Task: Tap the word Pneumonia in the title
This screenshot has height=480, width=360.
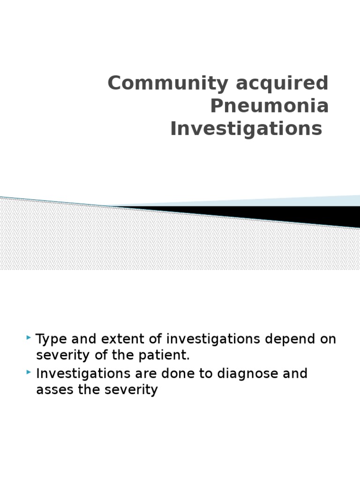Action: coord(269,106)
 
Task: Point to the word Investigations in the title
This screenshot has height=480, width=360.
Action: coord(246,129)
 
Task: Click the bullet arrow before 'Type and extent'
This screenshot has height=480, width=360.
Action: coord(30,337)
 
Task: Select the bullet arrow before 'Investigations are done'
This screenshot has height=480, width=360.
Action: coord(30,372)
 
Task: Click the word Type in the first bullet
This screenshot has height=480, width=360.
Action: coord(50,339)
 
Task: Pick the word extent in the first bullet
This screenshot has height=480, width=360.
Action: coord(116,339)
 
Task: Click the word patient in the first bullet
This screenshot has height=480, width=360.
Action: coord(166,355)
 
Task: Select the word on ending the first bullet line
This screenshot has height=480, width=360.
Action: coord(328,339)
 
